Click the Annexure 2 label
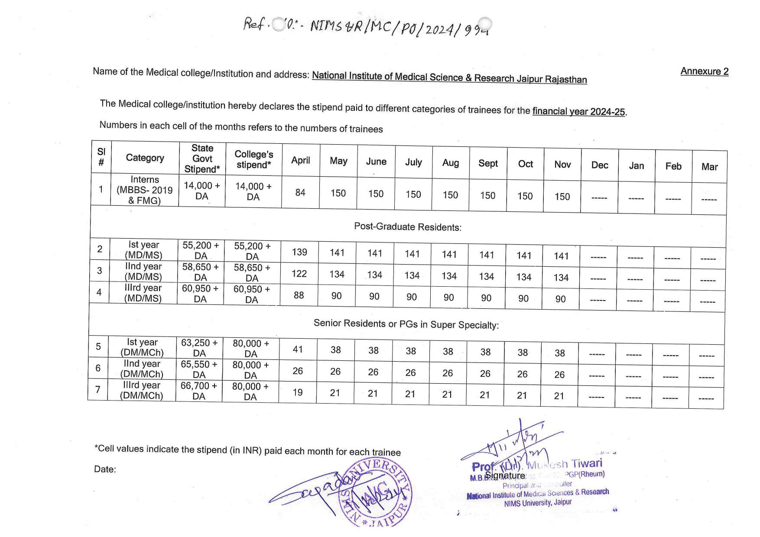pyautogui.click(x=704, y=71)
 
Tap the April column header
pyautogui.click(x=301, y=160)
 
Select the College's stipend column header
pyautogui.click(x=253, y=159)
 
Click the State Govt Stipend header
pyautogui.click(x=202, y=159)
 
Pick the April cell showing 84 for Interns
pyautogui.click(x=300, y=192)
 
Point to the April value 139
pyautogui.click(x=299, y=252)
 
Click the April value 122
pyautogui.click(x=299, y=274)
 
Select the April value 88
pyautogui.click(x=299, y=295)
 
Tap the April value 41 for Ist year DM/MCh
pyautogui.click(x=298, y=349)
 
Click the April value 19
pyautogui.click(x=297, y=392)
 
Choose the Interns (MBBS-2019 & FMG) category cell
pyautogui.click(x=145, y=190)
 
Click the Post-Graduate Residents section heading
pyautogui.click(x=408, y=227)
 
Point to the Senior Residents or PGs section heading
pyautogui.click(x=406, y=324)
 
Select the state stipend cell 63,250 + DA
pyautogui.click(x=199, y=348)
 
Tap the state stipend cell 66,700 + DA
pyautogui.click(x=198, y=391)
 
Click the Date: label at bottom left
pyautogui.click(x=105, y=469)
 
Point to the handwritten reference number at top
pyautogui.click(x=367, y=27)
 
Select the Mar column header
pyautogui.click(x=709, y=167)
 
